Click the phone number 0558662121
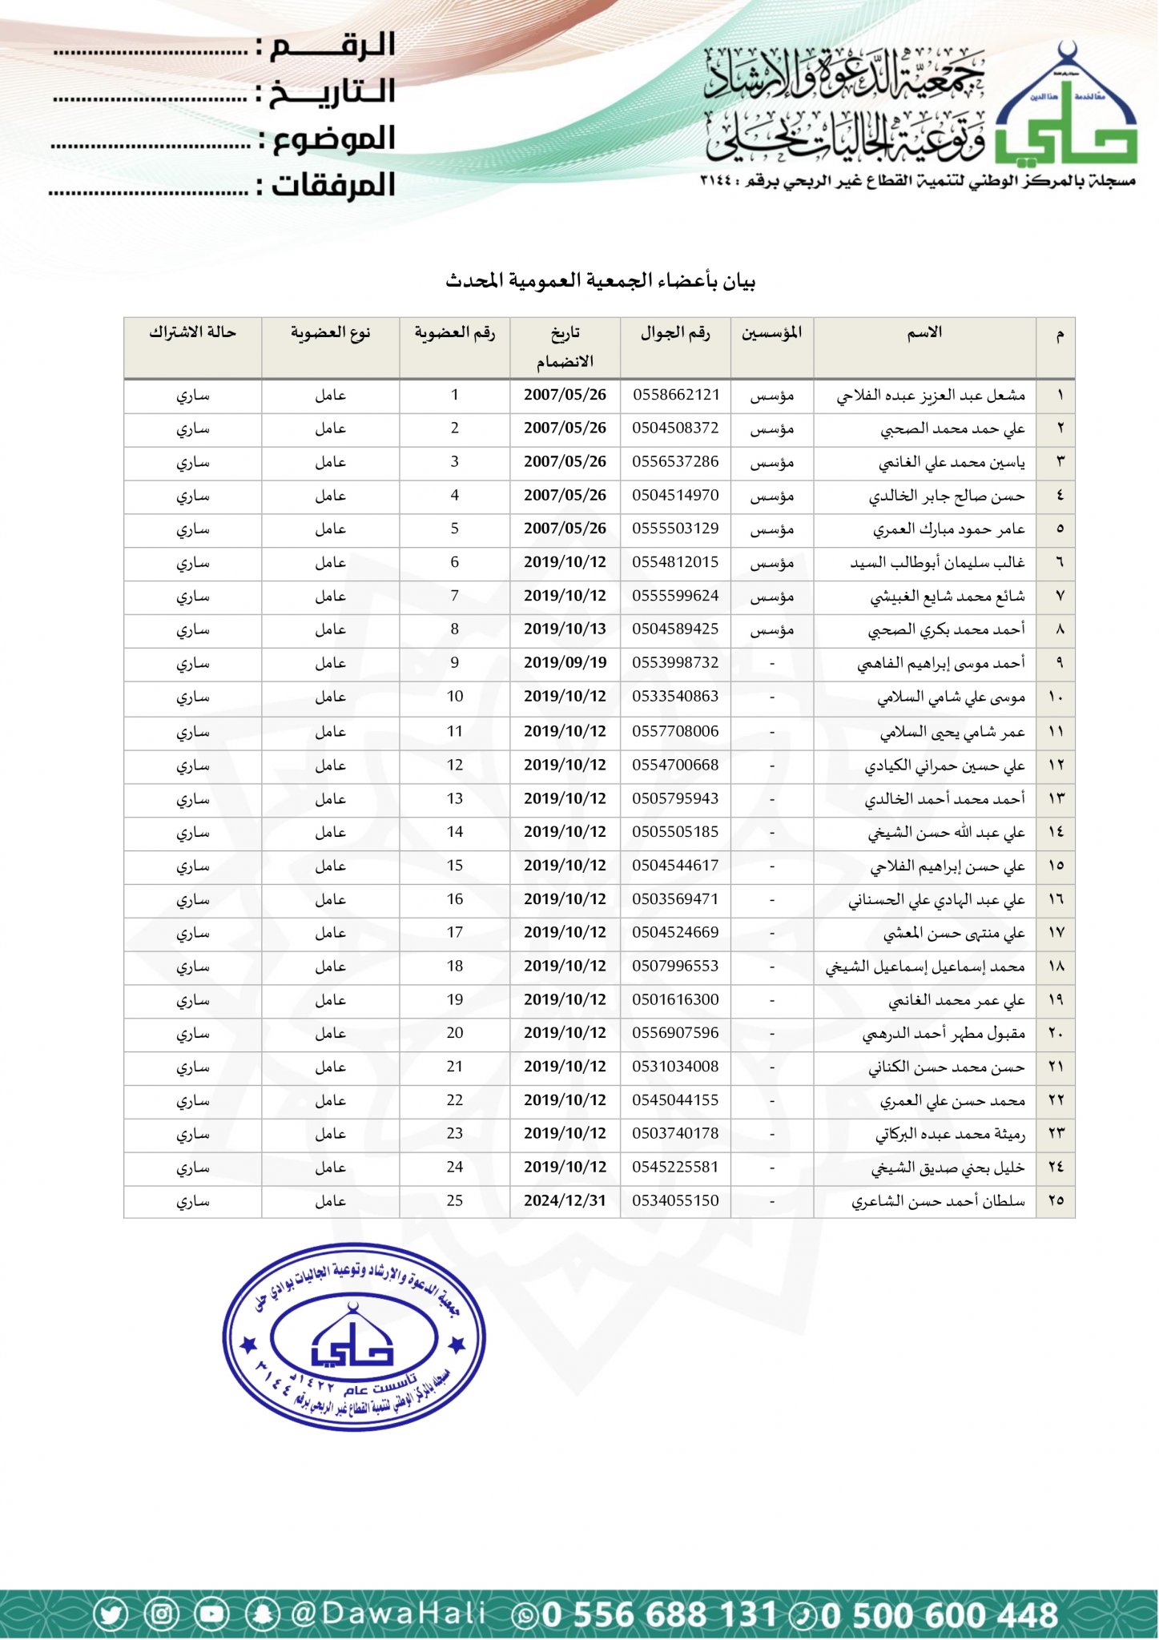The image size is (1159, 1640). pos(675,395)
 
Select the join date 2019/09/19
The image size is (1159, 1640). pos(565,663)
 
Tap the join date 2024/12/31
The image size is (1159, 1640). pos(565,1200)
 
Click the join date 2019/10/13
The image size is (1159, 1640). pos(565,629)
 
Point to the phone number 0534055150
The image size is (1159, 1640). pos(675,1200)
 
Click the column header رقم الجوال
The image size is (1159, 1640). pos(675,333)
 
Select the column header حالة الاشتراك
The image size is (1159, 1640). pos(192,332)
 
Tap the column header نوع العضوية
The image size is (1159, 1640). pos(330,332)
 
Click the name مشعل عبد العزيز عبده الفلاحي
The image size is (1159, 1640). pos(930,396)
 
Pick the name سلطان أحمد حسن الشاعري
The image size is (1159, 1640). pos(937,1201)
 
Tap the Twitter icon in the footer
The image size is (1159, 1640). pos(111,1614)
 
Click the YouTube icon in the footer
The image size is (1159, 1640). pos(211,1614)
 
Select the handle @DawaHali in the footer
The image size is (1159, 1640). pos(388,1614)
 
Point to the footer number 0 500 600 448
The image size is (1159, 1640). pos(939,1614)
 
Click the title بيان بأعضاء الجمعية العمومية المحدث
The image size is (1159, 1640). pos(601,281)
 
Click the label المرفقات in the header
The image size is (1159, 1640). pos(333,186)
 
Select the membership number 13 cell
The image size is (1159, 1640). pos(454,798)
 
